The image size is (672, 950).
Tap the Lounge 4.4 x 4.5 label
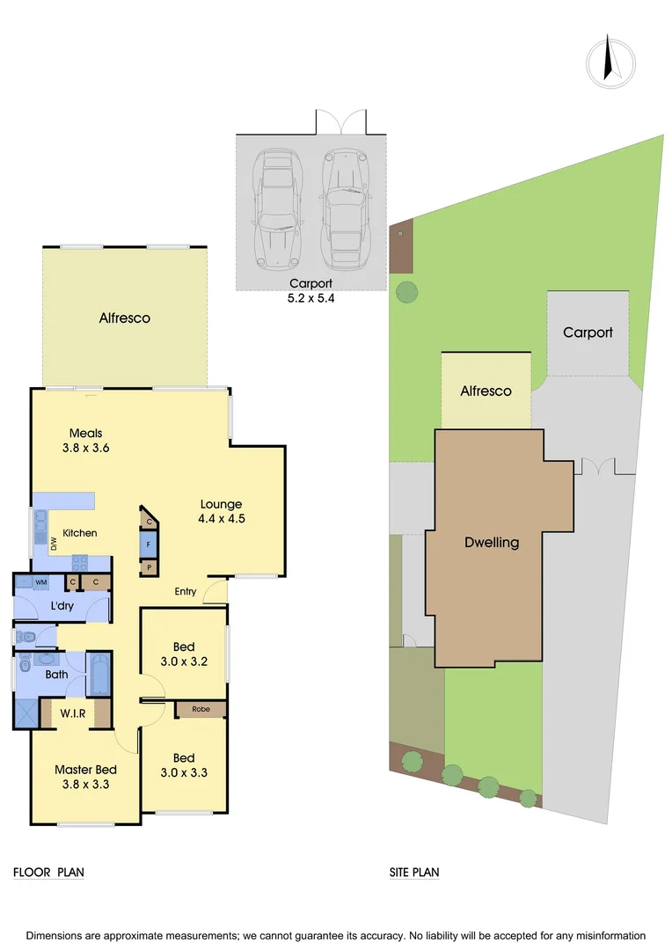click(222, 511)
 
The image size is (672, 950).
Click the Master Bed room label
click(85, 777)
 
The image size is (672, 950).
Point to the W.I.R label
click(73, 713)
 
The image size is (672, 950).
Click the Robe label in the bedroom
click(201, 709)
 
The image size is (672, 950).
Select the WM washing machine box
click(40, 582)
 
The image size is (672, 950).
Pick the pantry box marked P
click(149, 567)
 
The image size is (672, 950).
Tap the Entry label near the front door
click(185, 591)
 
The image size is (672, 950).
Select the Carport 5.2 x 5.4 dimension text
click(311, 290)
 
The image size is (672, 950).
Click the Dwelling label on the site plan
click(492, 543)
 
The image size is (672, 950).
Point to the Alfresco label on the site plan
click(486, 391)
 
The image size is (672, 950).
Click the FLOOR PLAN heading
click(48, 873)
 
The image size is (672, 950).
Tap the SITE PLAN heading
click(414, 873)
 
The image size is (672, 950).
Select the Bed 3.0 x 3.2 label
click(184, 654)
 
